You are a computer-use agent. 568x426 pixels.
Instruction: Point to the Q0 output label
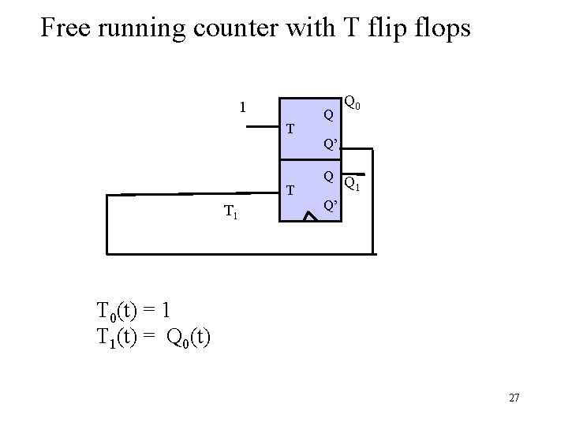pyautogui.click(x=352, y=103)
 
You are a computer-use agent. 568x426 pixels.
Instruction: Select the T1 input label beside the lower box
pyautogui.click(x=231, y=211)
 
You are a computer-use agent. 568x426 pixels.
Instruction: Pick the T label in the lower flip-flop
pyautogui.click(x=290, y=190)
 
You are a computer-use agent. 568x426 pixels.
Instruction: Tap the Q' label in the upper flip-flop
pyautogui.click(x=331, y=144)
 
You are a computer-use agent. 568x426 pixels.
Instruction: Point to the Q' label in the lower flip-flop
pyautogui.click(x=331, y=207)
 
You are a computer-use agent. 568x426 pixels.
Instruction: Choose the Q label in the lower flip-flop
pyautogui.click(x=329, y=176)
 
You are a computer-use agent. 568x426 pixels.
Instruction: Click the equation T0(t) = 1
pyautogui.click(x=133, y=308)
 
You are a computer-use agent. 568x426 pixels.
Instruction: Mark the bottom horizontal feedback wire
pyautogui.click(x=237, y=253)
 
